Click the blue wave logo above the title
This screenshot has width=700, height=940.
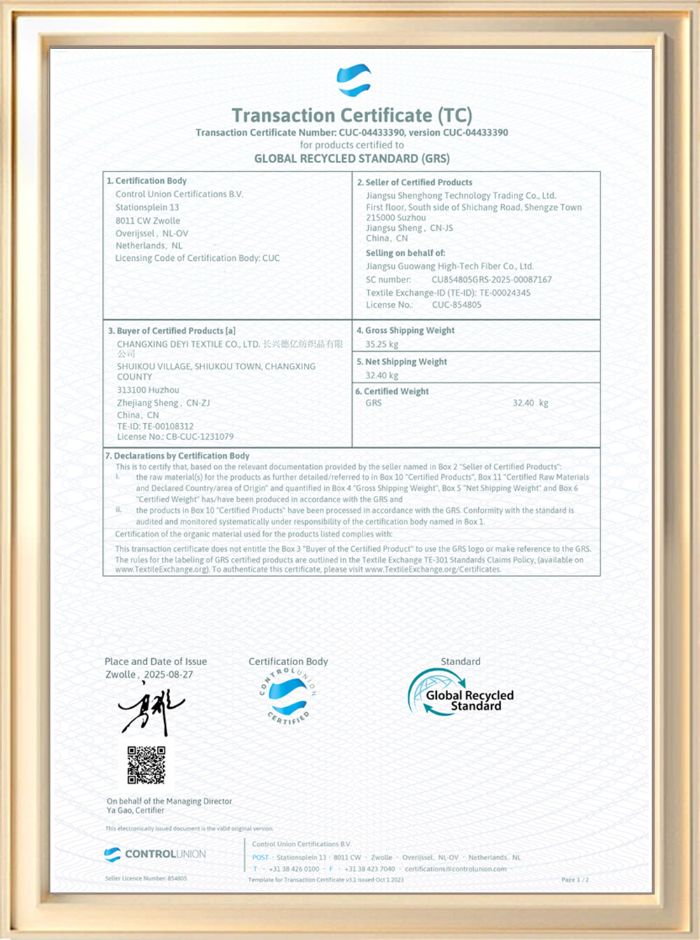click(353, 80)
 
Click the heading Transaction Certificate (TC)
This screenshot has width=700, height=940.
click(351, 115)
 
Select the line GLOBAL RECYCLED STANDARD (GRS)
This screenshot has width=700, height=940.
click(351, 159)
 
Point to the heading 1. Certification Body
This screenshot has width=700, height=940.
click(146, 180)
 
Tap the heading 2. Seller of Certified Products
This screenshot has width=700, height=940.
click(414, 182)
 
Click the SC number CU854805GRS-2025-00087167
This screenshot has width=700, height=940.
click(491, 280)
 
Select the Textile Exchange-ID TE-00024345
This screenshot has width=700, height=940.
click(505, 292)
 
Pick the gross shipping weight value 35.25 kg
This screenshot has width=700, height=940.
click(381, 344)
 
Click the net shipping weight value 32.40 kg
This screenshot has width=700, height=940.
click(381, 376)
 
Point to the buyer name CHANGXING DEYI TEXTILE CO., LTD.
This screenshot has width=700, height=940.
click(188, 344)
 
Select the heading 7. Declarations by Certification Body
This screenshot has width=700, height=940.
click(177, 455)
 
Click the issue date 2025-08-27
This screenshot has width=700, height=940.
click(168, 674)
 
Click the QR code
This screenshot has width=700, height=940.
click(146, 764)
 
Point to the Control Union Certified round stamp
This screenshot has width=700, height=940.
click(288, 697)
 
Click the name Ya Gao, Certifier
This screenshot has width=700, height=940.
click(135, 811)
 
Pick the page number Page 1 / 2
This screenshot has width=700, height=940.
click(575, 879)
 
